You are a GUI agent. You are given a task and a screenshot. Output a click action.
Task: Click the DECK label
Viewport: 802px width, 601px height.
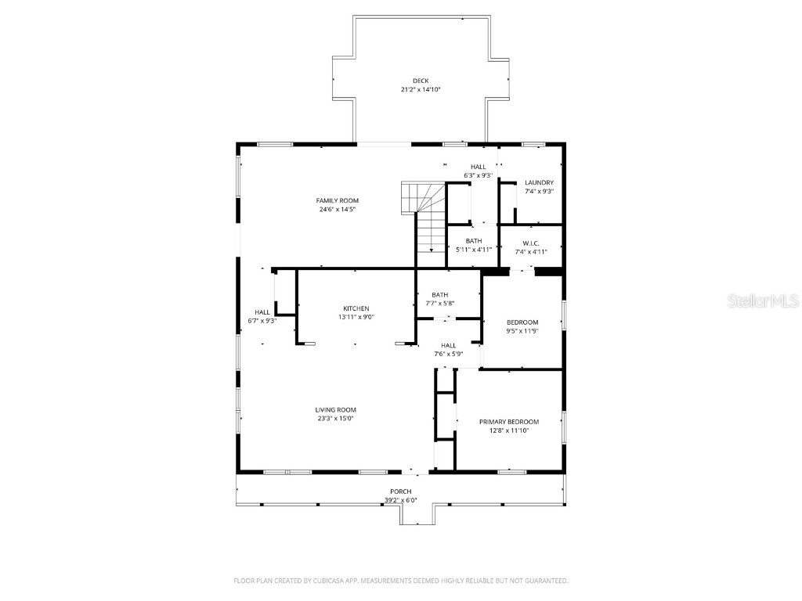(421, 81)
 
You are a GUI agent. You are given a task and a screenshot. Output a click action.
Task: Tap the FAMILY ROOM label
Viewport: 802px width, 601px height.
(338, 200)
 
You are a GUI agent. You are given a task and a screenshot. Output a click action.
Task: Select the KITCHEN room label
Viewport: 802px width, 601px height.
(356, 308)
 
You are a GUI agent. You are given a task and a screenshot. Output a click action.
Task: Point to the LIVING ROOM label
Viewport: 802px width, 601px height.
(336, 409)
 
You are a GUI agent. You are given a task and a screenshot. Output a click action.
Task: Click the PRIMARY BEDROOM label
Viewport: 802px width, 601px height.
(509, 422)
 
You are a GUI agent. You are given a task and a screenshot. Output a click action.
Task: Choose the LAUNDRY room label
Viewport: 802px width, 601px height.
(539, 182)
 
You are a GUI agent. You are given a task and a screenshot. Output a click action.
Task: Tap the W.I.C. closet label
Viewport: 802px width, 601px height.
(531, 243)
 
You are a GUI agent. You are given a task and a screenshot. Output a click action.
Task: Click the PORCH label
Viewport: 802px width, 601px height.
(401, 491)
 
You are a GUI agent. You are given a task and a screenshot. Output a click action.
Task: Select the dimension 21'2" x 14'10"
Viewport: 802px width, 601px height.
(421, 90)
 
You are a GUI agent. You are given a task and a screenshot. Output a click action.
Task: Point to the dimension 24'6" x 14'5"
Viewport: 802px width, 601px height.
(338, 210)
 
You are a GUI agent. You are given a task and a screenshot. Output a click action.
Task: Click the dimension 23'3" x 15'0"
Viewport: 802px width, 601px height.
(336, 419)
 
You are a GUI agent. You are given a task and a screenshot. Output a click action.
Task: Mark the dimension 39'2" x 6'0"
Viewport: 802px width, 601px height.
(401, 501)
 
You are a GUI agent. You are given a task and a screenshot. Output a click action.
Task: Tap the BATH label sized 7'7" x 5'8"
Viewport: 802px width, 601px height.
(439, 295)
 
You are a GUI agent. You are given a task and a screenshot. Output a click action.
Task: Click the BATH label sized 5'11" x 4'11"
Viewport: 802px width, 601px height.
(474, 241)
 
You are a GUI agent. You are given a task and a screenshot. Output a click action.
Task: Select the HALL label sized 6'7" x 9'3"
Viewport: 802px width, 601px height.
(262, 312)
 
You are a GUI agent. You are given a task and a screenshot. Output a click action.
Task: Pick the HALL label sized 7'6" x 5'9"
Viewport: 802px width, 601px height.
(448, 345)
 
